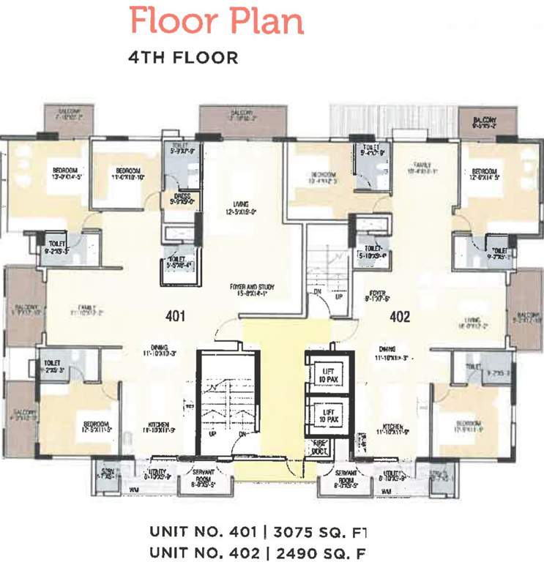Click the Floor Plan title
[x=216, y=21]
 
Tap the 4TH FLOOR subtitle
[x=183, y=58]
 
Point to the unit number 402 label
[x=400, y=317]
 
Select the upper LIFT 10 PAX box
[x=329, y=375]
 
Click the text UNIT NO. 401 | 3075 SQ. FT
[x=256, y=531]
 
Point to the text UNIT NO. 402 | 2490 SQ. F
[x=256, y=551]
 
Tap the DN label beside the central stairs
[x=316, y=291]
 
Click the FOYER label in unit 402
[x=377, y=293]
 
